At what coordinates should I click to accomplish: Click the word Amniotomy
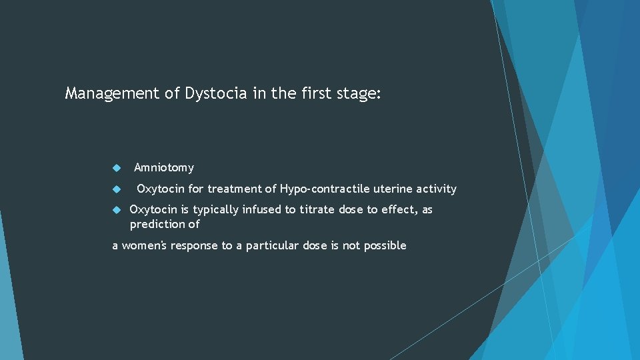pos(164,168)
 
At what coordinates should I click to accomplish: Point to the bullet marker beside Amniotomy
pos(115,168)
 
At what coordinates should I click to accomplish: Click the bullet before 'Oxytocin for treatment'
pos(115,189)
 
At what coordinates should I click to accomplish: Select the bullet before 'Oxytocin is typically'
pos(115,210)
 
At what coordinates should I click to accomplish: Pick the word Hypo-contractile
pos(322,189)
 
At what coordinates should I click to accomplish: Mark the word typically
pos(216,210)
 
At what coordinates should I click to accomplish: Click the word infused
pos(261,209)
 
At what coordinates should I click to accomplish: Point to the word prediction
pos(157,225)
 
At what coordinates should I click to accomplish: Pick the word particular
pos(273,246)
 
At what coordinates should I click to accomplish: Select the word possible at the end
pos(385,246)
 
